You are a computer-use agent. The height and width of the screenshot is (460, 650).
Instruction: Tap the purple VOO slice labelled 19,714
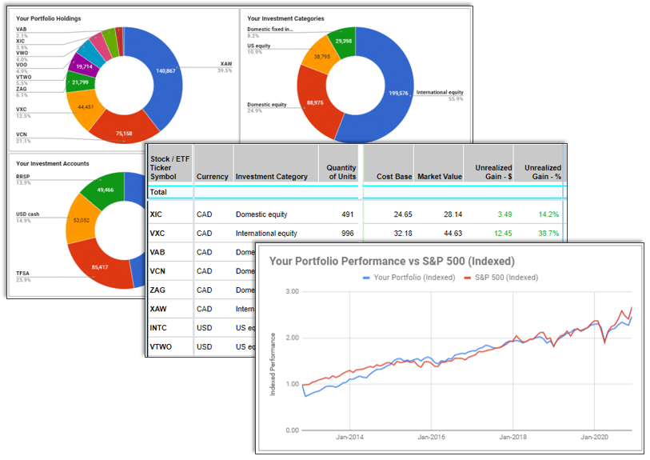click(85, 67)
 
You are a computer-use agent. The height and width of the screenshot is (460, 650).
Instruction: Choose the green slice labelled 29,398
click(343, 41)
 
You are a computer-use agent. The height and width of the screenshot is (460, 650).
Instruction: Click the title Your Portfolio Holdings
click(48, 18)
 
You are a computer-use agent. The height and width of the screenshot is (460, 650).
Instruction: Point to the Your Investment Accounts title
click(52, 163)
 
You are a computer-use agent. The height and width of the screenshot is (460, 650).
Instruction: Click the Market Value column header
click(439, 177)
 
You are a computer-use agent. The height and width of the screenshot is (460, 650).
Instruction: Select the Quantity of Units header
click(341, 172)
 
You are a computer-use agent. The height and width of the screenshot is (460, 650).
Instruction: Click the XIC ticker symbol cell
click(157, 214)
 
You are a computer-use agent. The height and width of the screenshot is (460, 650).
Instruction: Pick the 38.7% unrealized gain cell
click(548, 234)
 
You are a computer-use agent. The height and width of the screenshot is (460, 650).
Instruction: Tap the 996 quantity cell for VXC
click(346, 234)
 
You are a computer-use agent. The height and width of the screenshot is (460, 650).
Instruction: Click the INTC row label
click(158, 327)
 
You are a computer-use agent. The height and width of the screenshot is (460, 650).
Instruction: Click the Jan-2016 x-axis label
click(432, 438)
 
